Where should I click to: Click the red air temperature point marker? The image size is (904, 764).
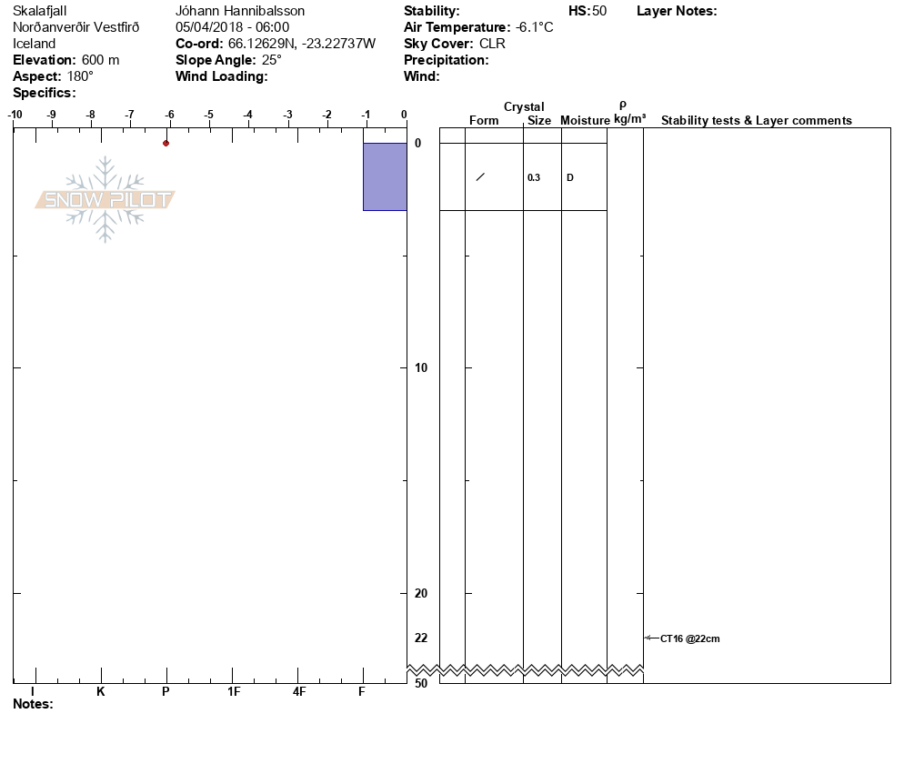(166, 143)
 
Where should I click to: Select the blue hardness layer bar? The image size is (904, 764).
(385, 176)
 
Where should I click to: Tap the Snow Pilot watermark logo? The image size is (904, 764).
(105, 199)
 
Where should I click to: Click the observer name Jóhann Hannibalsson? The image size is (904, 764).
(240, 11)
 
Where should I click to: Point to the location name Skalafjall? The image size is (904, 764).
(40, 11)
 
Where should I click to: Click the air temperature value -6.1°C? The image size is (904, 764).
(534, 27)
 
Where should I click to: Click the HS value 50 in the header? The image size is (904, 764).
(598, 11)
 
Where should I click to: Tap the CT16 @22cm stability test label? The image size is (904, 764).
(690, 638)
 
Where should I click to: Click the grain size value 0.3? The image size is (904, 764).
(534, 177)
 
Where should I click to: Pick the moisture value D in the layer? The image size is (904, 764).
(570, 177)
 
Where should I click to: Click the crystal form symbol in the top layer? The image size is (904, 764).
(480, 177)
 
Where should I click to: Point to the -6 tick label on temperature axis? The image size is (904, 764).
(169, 114)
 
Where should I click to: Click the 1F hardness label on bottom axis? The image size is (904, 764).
(234, 692)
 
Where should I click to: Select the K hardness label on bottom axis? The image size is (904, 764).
(101, 692)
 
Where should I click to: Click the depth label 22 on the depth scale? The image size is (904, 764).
(421, 638)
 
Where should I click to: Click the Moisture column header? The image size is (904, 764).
(585, 121)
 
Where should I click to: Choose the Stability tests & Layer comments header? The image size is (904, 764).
(756, 121)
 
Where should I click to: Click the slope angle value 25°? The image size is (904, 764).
(269, 60)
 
